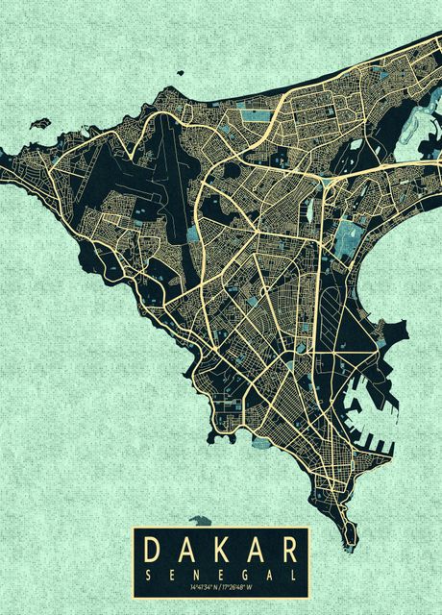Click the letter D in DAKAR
pos(152,550)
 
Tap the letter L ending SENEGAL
pos(292,573)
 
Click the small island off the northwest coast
pos(39,123)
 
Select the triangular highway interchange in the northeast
pos(331,179)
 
